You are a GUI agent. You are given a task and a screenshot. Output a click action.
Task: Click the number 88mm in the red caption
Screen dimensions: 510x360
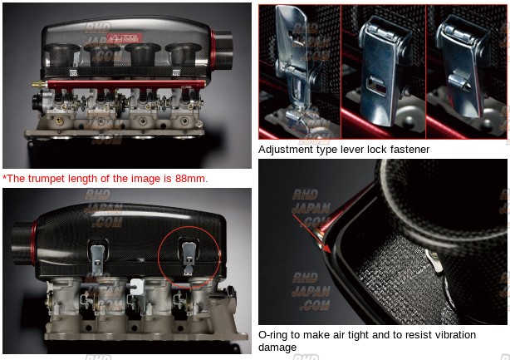click(191, 179)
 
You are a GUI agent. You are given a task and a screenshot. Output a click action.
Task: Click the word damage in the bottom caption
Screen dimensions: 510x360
click(277, 348)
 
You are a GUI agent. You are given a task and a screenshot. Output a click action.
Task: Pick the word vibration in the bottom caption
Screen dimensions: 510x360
click(454, 335)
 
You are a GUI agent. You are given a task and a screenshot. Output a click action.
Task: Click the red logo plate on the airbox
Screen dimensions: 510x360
click(125, 38)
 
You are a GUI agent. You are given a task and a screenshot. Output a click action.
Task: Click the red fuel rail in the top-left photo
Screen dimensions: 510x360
click(126, 85)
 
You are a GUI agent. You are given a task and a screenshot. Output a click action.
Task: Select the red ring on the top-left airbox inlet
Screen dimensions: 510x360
click(213, 50)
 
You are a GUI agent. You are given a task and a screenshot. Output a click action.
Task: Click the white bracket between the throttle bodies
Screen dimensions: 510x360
click(136, 287)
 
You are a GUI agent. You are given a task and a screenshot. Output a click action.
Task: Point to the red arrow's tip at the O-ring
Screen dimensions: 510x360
click(331, 253)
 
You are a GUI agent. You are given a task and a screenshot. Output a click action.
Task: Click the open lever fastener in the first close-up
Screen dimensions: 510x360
click(292, 65)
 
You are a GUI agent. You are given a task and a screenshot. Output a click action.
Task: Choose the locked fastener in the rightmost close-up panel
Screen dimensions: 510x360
click(463, 65)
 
